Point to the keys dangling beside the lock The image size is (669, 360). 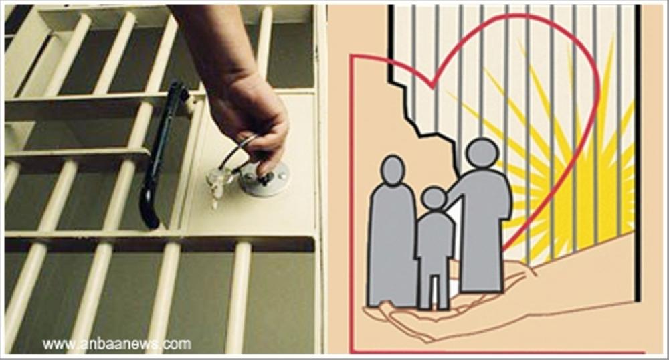pos(217,185)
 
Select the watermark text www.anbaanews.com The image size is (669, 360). pos(116,343)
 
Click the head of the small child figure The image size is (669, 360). pos(434,199)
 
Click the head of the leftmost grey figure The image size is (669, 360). pos(392,171)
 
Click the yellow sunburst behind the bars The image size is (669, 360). pos(567,171)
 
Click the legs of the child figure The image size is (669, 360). pos(434,290)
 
